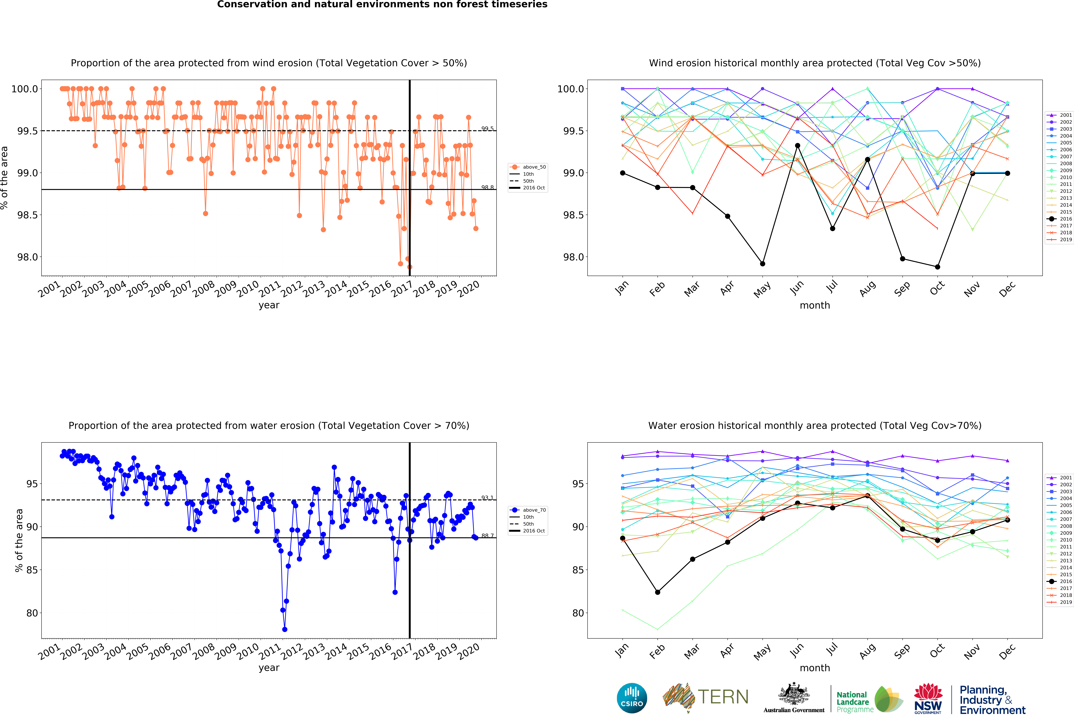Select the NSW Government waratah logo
point(928,698)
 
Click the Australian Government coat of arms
point(793,694)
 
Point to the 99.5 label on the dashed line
point(487,129)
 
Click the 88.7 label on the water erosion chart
point(487,535)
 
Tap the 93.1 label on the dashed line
point(487,498)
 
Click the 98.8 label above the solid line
point(487,187)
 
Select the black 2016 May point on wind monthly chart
point(762,264)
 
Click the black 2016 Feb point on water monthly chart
point(658,592)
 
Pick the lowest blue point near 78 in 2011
point(285,629)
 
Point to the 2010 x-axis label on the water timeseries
point(248,651)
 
